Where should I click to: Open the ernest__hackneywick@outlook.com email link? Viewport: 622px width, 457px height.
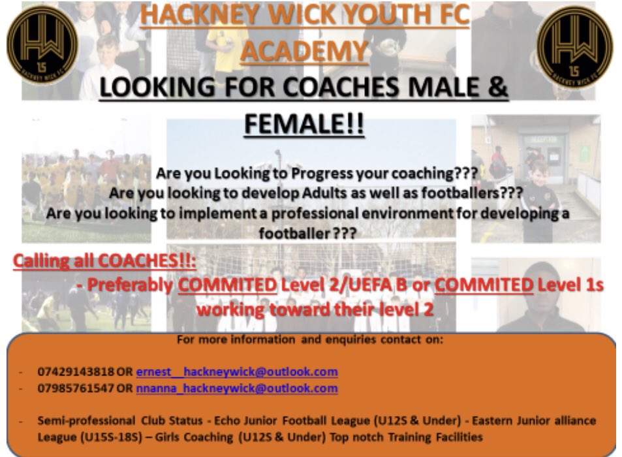click(237, 372)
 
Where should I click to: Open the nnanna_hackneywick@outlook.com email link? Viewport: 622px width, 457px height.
click(237, 388)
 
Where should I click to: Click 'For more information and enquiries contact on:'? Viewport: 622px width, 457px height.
click(309, 340)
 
